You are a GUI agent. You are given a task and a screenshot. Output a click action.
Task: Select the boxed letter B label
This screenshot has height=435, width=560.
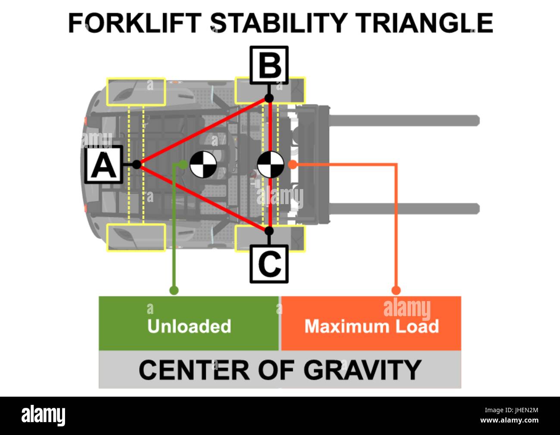(x=269, y=65)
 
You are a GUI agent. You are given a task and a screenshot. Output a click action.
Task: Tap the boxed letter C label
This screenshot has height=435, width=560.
(x=269, y=264)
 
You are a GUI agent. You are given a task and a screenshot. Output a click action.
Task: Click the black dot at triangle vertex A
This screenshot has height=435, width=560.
(x=137, y=164)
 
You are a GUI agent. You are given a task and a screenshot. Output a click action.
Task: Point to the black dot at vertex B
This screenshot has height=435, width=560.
(x=269, y=98)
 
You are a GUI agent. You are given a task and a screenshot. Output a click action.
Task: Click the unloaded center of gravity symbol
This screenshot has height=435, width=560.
(x=203, y=164)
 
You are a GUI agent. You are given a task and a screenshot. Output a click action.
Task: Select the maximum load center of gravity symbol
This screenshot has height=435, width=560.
(x=271, y=164)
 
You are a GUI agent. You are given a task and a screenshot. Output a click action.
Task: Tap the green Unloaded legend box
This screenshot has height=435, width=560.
(x=189, y=323)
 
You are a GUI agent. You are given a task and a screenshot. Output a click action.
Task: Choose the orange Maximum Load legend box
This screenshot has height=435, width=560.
(x=371, y=323)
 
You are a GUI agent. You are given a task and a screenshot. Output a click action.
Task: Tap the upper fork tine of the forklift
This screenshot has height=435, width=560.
(x=405, y=120)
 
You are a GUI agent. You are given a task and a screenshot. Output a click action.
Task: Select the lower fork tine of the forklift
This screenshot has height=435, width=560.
(x=405, y=208)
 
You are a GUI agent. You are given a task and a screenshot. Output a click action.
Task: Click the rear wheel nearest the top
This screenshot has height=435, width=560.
(x=136, y=92)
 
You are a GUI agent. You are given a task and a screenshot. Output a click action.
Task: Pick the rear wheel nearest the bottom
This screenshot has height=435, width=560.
(x=136, y=237)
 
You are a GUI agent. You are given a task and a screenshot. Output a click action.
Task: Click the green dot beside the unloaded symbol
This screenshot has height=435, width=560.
(x=184, y=164)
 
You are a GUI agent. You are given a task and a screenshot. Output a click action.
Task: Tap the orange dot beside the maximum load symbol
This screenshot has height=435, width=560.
(x=292, y=164)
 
